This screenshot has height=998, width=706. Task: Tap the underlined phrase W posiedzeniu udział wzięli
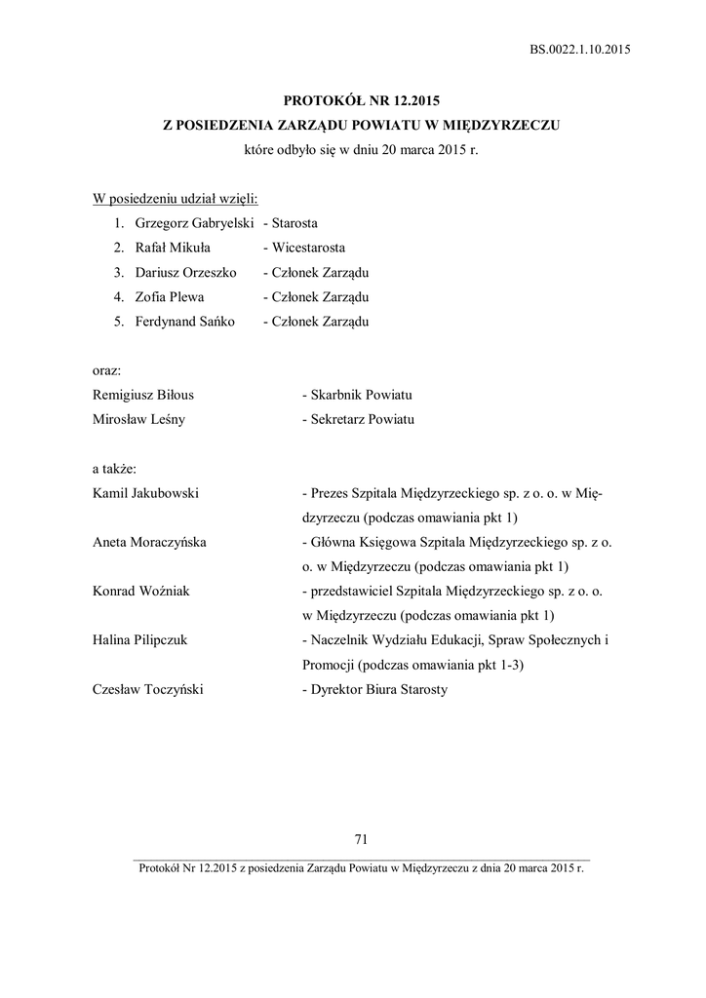pyautogui.click(x=175, y=199)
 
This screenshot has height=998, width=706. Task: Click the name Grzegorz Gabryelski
pyautogui.click(x=189, y=223)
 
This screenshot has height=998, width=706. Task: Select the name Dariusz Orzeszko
pyautogui.click(x=185, y=272)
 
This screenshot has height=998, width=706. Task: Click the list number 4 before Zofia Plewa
pyautogui.click(x=117, y=296)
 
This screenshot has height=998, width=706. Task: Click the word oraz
pyautogui.click(x=106, y=370)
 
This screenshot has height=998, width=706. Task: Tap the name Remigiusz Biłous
pyautogui.click(x=142, y=395)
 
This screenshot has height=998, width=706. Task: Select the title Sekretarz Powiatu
pyautogui.click(x=362, y=419)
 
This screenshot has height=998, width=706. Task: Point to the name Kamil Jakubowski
pyautogui.click(x=145, y=493)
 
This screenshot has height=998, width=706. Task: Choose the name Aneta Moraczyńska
pyautogui.click(x=149, y=542)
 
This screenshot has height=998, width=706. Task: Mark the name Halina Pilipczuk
pyautogui.click(x=139, y=639)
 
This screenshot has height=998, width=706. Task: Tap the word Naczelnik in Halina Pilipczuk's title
pyautogui.click(x=340, y=639)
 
